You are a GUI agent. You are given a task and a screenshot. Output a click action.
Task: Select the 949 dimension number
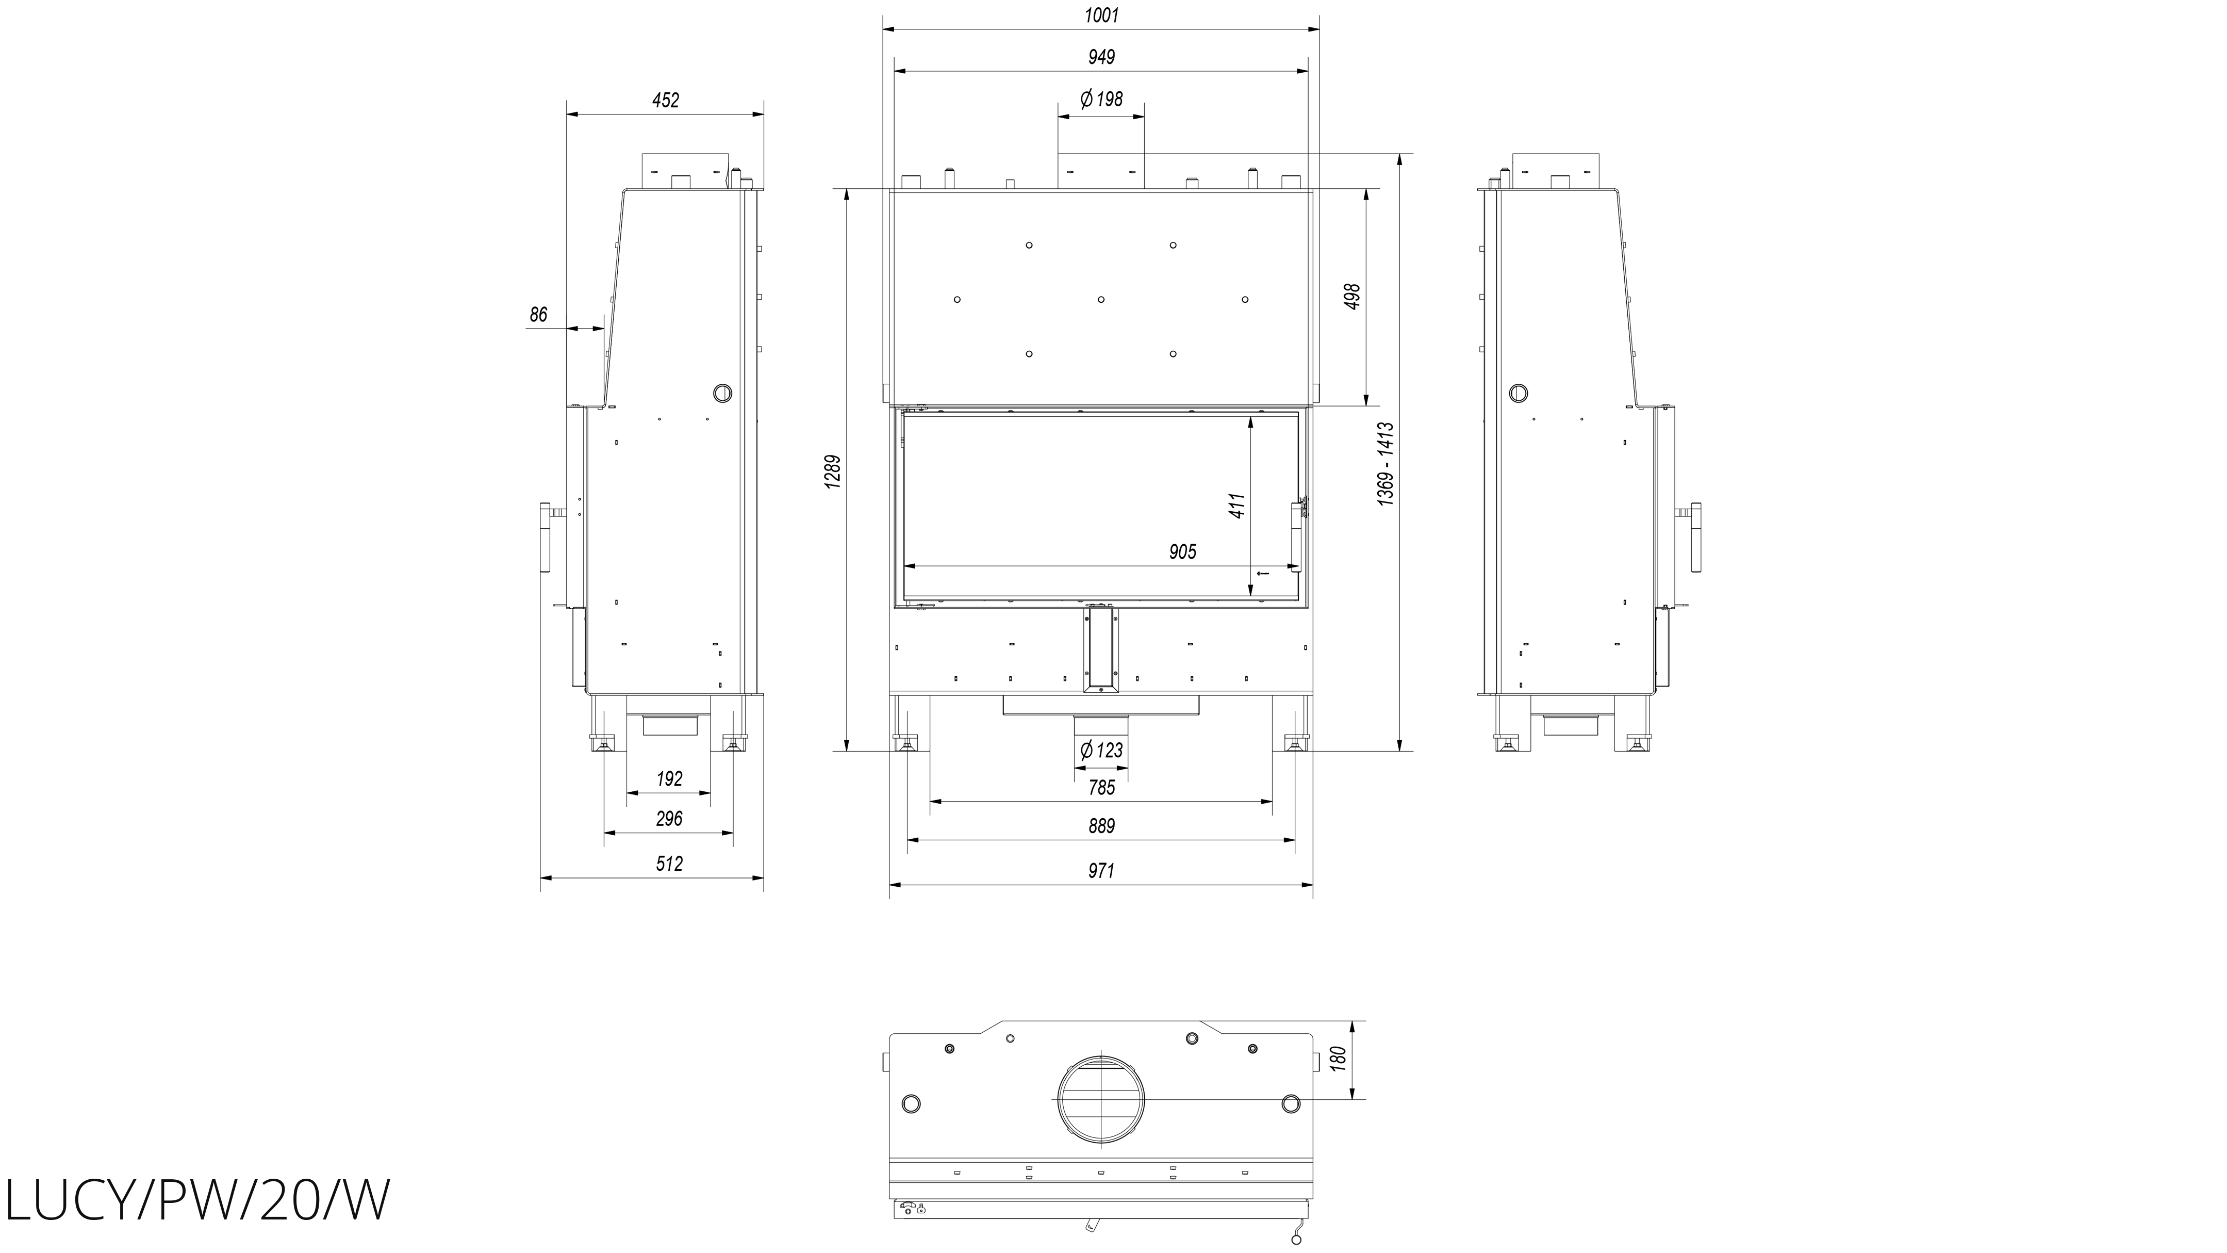tap(1101, 57)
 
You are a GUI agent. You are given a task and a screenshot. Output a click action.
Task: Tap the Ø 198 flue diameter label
tap(1101, 100)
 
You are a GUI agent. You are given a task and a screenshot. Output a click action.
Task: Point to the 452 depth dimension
tap(666, 100)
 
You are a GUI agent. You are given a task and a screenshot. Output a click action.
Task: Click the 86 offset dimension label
tap(539, 315)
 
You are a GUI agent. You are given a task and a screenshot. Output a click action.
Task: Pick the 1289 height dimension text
tap(833, 472)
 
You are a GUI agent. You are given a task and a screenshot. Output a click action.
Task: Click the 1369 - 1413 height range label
tap(1386, 464)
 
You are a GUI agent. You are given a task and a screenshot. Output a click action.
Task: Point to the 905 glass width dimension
tap(1183, 551)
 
